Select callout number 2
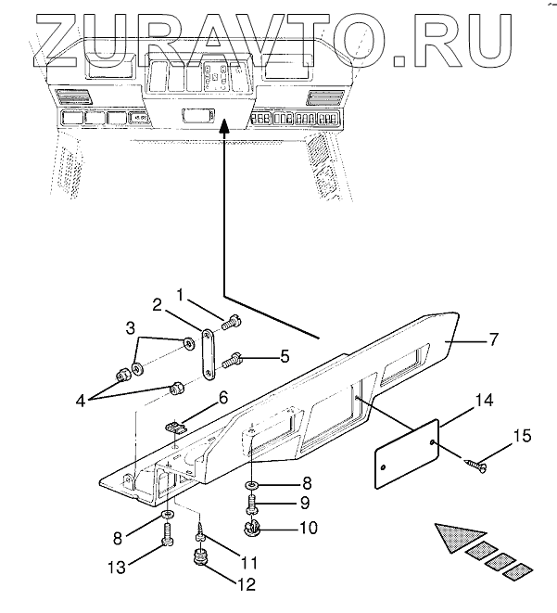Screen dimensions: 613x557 pyautogui.click(x=158, y=303)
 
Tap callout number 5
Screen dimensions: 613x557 pyautogui.click(x=285, y=354)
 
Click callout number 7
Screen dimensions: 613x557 pyautogui.click(x=494, y=340)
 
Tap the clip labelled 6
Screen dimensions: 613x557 pyautogui.click(x=176, y=426)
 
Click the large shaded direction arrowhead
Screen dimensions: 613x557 pyautogui.click(x=456, y=538)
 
